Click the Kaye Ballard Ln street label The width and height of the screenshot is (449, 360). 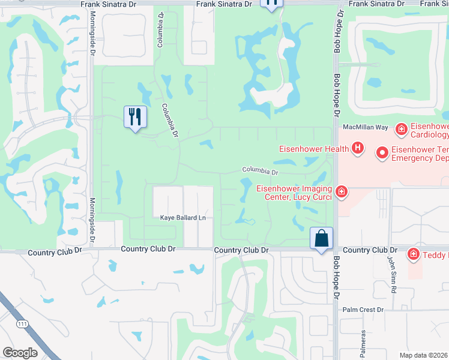coord(182,217)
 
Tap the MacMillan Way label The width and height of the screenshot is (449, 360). coord(365,127)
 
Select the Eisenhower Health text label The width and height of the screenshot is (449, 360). coord(313,148)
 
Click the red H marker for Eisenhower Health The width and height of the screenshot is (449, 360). coord(358,148)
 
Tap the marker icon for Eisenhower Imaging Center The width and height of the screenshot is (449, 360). coord(341,192)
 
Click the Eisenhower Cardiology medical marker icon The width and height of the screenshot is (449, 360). coord(401,128)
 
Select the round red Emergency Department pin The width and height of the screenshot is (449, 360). coord(382,154)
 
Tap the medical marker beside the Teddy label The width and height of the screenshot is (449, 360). coord(413,255)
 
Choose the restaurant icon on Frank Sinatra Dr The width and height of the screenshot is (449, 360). coord(271,3)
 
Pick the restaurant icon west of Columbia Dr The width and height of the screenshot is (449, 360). coord(135,116)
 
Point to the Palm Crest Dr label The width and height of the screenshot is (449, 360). coord(363,310)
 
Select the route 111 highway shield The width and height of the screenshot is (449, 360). coord(22,325)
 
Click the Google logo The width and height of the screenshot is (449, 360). coord(20,353)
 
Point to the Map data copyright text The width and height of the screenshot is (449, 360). coord(424,355)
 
